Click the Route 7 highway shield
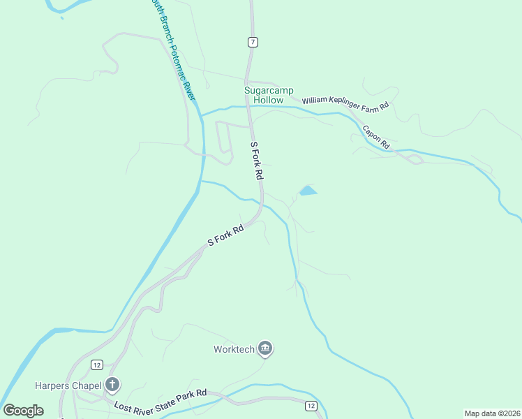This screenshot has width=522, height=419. click(253, 42)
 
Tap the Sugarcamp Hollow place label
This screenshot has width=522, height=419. click(269, 96)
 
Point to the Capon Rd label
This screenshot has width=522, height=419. click(375, 136)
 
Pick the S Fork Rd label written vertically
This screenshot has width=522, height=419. click(257, 159)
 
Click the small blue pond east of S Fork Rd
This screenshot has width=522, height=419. click(308, 190)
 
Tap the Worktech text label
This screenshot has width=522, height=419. click(234, 348)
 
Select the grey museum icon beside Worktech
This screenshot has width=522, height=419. click(264, 348)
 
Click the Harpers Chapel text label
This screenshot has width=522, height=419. click(68, 385)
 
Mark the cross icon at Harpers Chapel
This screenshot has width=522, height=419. click(112, 384)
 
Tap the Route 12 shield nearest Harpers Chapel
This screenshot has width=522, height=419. click(96, 365)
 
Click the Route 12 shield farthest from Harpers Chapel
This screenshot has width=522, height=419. click(311, 406)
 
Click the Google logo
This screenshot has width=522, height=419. click(23, 411)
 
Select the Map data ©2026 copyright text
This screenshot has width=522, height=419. click(492, 413)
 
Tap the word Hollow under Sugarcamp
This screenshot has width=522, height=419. click(269, 101)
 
